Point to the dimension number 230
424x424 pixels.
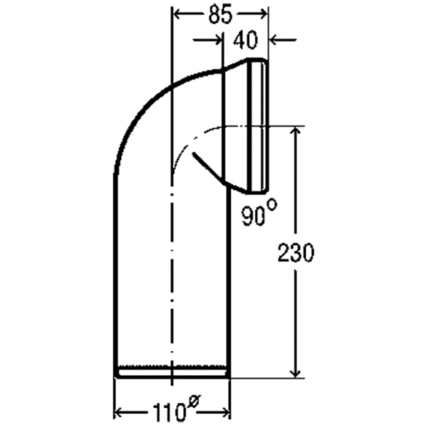coord(296,253)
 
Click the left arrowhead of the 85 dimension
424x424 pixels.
coord(177,14)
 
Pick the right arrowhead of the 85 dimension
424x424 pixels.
coord(263,14)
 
